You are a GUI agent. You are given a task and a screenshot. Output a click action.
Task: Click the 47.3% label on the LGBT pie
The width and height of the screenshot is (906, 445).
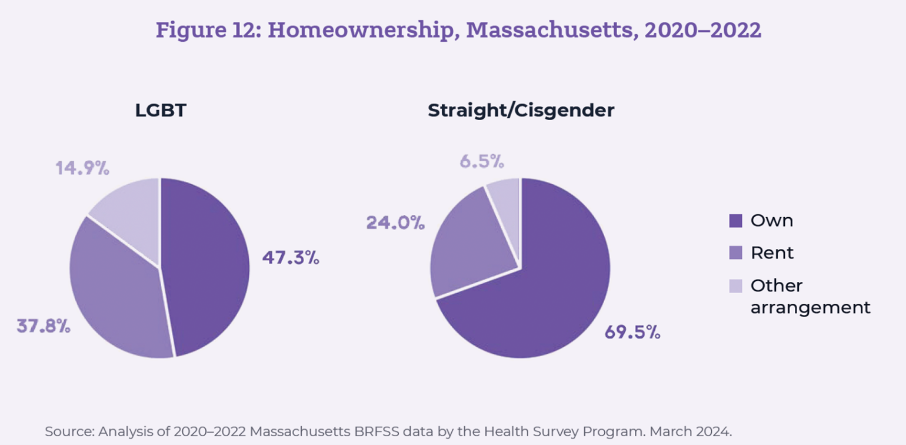tap(291, 258)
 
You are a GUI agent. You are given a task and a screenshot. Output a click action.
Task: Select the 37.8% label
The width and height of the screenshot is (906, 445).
tap(44, 326)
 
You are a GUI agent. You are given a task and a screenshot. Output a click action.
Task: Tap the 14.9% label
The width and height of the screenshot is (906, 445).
tap(82, 168)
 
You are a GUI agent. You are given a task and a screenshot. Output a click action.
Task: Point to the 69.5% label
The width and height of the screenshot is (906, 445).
tap(632, 333)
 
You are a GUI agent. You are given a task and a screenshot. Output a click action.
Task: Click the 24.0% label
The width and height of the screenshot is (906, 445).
tap(395, 222)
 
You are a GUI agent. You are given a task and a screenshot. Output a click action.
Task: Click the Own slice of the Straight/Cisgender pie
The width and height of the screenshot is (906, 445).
tap(541, 294)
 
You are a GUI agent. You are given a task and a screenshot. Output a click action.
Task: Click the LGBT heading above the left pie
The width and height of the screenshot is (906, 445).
tap(161, 111)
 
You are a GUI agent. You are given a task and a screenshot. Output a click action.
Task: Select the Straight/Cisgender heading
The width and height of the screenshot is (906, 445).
tap(521, 111)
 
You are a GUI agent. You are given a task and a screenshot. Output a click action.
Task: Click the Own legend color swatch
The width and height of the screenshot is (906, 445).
tap(735, 221)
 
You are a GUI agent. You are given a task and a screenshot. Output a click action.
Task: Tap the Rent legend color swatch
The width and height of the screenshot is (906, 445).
tap(735, 253)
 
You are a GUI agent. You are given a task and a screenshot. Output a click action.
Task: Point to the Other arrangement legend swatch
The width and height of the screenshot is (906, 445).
tap(735, 286)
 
